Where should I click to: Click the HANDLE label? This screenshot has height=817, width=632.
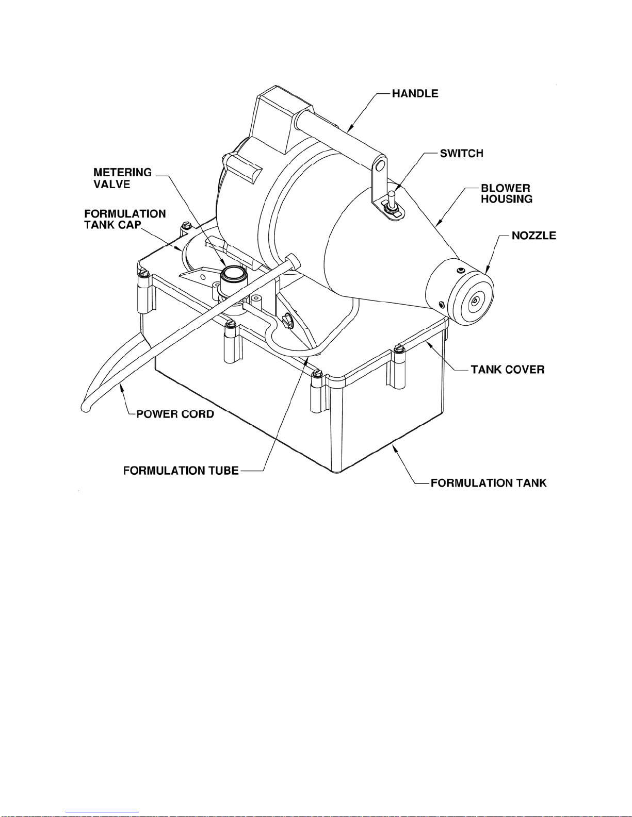point(415,94)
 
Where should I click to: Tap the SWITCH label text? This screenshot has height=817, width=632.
point(462,154)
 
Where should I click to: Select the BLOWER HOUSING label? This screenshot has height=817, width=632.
point(506,193)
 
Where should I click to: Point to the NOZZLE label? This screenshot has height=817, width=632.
point(534,236)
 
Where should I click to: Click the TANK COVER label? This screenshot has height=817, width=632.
point(508,370)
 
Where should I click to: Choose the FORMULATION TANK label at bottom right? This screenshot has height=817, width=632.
point(488,483)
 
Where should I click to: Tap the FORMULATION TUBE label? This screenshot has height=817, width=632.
point(181,471)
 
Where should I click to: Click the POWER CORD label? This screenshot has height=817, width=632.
point(175,414)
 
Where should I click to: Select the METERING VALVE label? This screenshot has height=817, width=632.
point(122,178)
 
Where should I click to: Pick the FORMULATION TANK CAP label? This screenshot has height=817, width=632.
point(125,219)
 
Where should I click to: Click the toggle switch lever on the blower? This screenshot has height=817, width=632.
point(391,197)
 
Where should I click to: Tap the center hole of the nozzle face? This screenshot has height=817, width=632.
point(476,300)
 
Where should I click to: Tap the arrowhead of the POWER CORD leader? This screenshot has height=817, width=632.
point(121,388)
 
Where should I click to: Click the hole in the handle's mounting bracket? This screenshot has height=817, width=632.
point(381,164)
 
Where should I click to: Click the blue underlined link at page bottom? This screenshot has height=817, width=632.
point(102,812)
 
